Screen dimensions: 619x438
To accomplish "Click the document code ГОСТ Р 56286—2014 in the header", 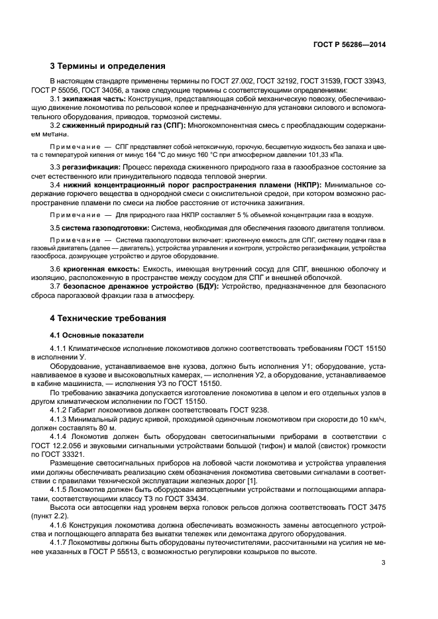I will click(x=350, y=45).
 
